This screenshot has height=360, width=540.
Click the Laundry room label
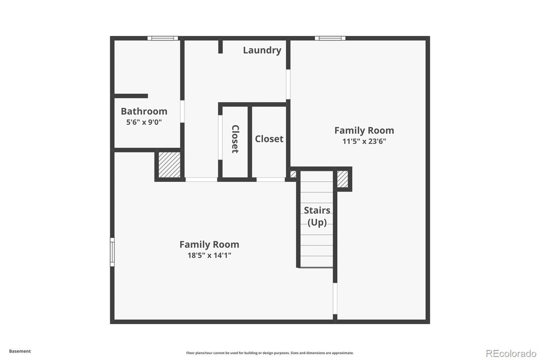click(x=262, y=51)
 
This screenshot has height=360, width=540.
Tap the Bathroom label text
click(x=144, y=111)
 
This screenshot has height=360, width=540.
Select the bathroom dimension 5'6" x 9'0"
click(x=144, y=122)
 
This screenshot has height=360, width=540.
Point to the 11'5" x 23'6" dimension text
click(x=364, y=141)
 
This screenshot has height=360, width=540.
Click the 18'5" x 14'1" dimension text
click(x=209, y=255)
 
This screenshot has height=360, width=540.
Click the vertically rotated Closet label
click(x=235, y=139)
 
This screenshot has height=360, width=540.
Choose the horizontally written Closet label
click(x=269, y=139)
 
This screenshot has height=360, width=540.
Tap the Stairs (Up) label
click(x=317, y=216)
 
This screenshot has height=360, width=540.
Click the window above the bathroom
click(x=163, y=38)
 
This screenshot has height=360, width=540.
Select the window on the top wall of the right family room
click(x=330, y=38)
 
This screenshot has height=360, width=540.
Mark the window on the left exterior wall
click(x=112, y=252)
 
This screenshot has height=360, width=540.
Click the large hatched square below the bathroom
click(x=169, y=165)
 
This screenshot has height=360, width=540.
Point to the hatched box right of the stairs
click(x=342, y=179)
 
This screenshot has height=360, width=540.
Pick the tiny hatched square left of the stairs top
click(x=293, y=174)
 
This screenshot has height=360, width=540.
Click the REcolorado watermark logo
click(x=511, y=354)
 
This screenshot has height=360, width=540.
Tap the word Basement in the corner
click(x=20, y=351)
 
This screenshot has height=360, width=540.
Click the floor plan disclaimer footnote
click(x=270, y=353)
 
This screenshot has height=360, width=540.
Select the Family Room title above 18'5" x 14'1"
click(x=209, y=244)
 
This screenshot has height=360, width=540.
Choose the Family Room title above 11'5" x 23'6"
click(x=364, y=131)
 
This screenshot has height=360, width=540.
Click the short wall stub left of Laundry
click(x=220, y=47)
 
